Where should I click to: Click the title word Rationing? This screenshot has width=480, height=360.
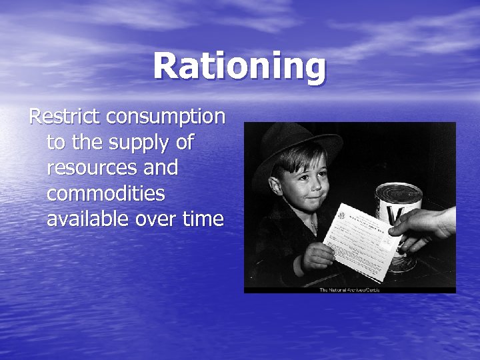(x=239, y=66)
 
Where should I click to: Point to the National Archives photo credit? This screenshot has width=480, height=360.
(x=349, y=289)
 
